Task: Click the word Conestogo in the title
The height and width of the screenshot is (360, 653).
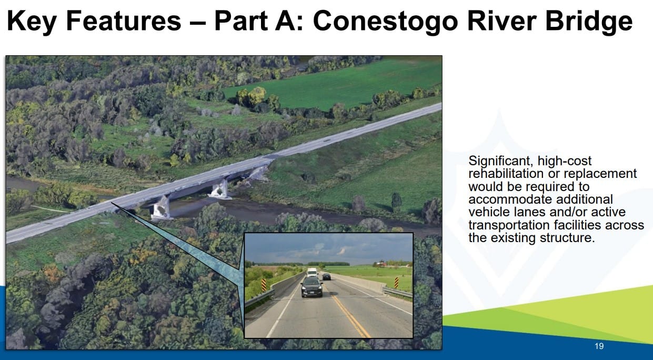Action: point(385,21)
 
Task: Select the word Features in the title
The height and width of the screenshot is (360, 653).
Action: point(124,21)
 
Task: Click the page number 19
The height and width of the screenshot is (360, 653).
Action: point(599,346)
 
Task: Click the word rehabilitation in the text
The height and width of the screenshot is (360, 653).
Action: point(506,174)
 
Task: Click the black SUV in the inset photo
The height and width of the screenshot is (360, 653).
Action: point(312,287)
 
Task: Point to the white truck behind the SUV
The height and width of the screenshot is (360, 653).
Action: point(312,272)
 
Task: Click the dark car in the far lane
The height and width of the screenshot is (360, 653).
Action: point(327,276)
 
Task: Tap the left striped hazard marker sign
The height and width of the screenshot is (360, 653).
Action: point(264,285)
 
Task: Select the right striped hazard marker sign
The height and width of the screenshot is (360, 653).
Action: point(396,283)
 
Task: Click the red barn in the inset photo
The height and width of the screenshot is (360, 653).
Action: point(380,264)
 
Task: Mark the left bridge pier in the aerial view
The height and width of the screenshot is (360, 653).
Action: point(161,208)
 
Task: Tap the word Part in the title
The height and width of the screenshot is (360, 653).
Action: point(241,21)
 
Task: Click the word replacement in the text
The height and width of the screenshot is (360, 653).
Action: point(598,174)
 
